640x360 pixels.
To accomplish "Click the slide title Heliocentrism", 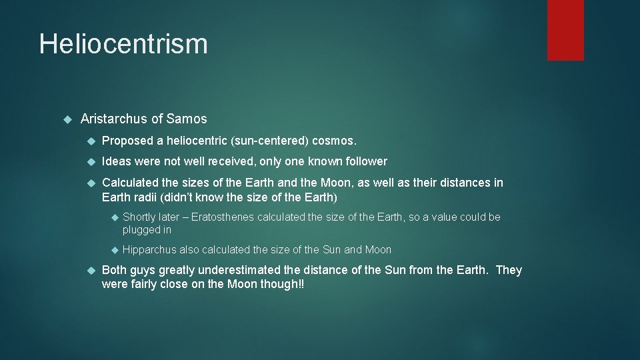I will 123,45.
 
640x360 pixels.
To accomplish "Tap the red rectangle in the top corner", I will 565,30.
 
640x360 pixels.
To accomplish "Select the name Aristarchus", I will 114,119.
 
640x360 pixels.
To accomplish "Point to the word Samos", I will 187,119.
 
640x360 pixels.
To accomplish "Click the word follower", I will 363,161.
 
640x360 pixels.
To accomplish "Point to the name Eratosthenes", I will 222,217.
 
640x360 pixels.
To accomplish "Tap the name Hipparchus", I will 150,250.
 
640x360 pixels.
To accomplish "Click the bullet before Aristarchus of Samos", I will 67,119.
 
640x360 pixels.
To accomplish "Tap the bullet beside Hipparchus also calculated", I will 114,250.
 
